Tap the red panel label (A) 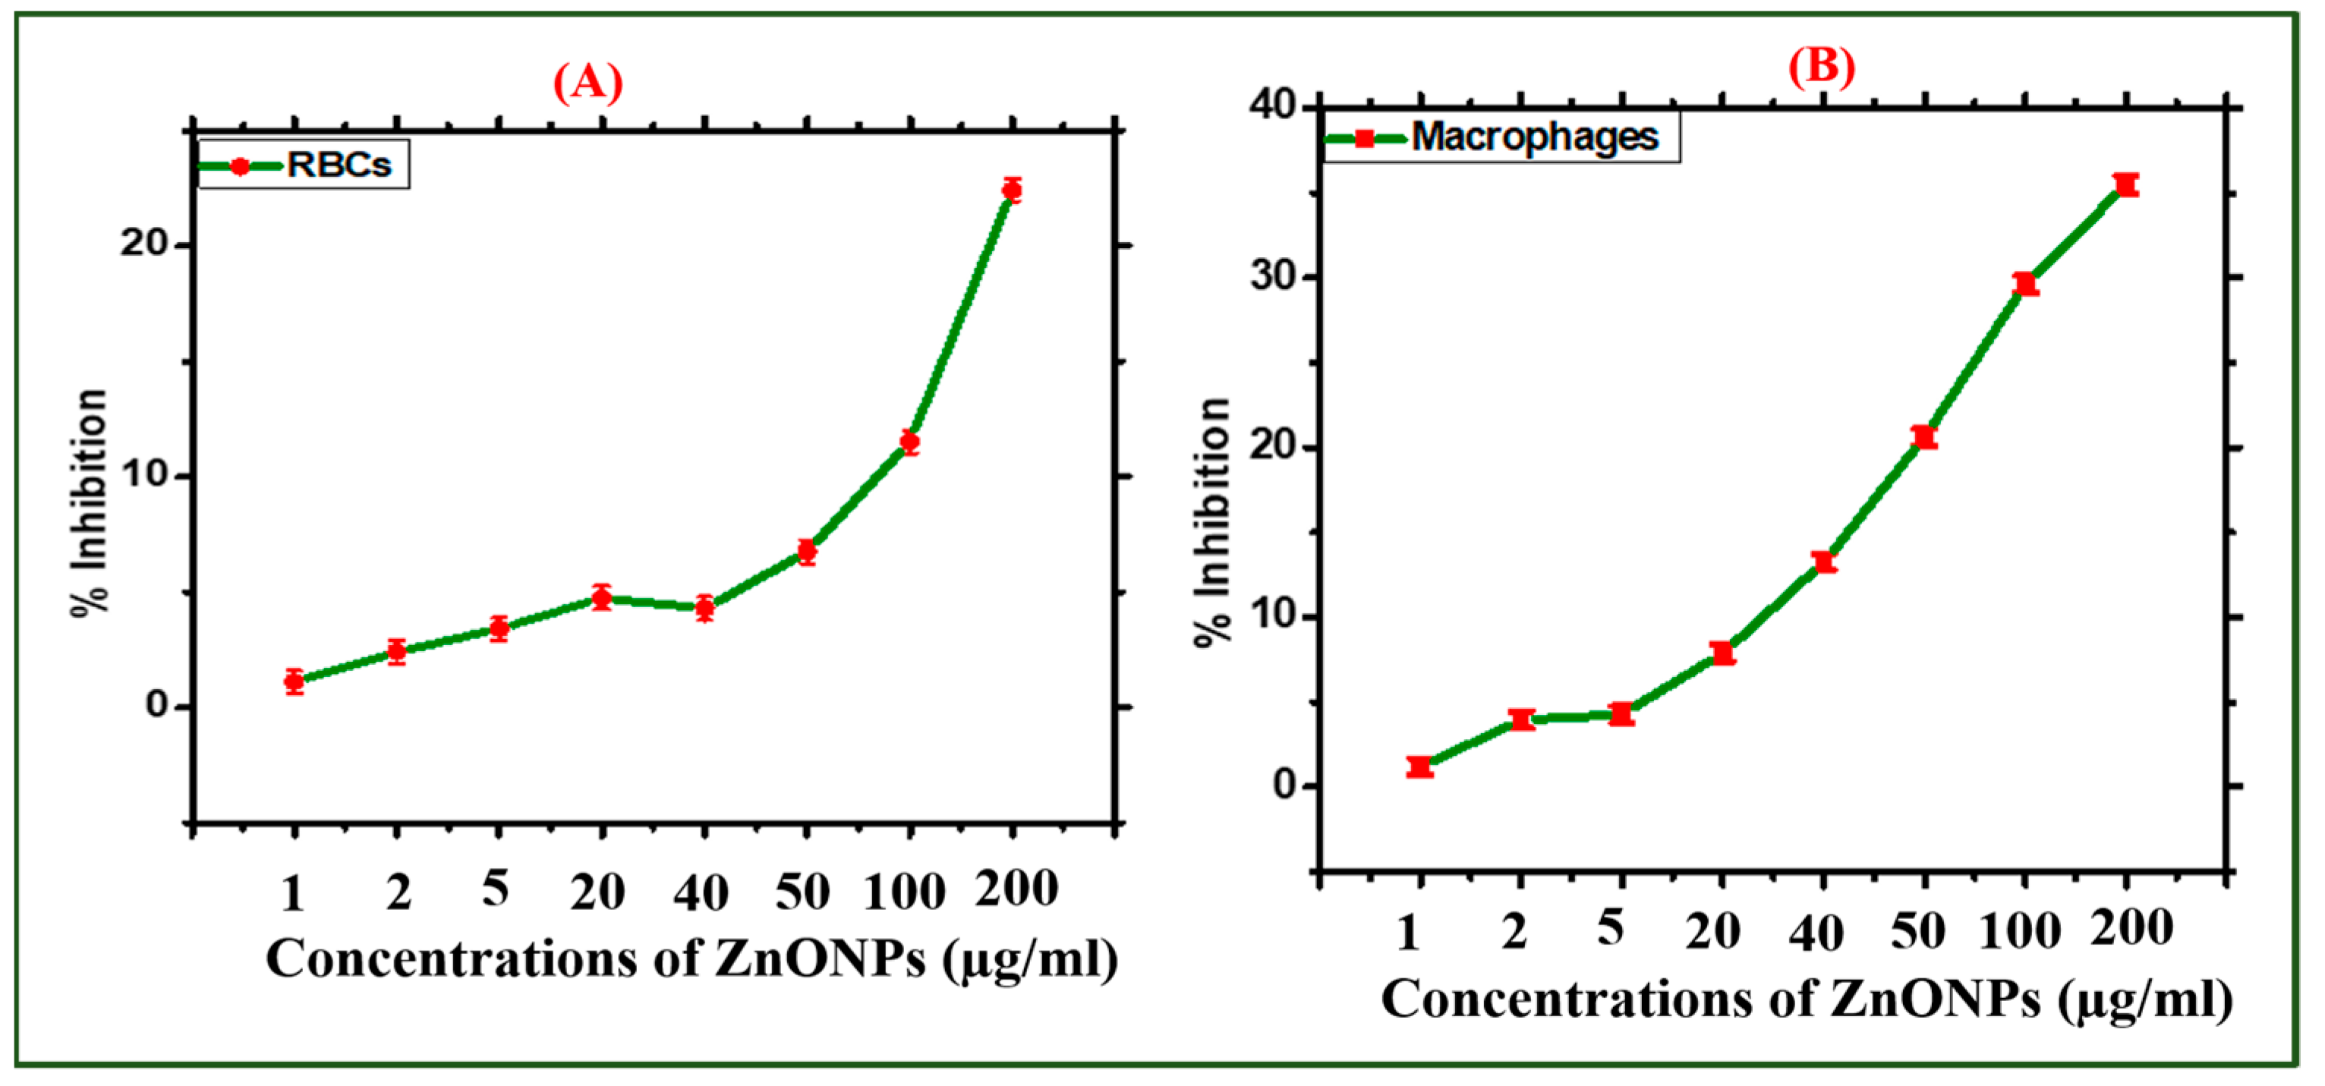tap(588, 83)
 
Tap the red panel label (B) tap(1822, 66)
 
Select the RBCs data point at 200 tap(1012, 190)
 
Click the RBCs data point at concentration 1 tap(295, 681)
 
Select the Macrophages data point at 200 tap(2126, 185)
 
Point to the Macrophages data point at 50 tap(1924, 437)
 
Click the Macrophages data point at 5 tap(1622, 714)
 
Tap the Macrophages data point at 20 tap(1722, 653)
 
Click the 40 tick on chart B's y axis tap(1273, 105)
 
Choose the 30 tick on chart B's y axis tap(1273, 276)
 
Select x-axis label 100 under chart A tap(904, 892)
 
